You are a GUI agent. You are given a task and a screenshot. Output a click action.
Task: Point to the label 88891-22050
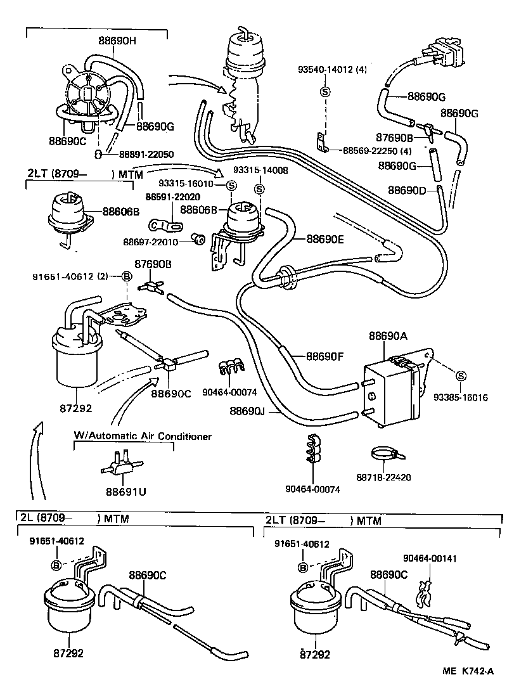(x=139, y=154)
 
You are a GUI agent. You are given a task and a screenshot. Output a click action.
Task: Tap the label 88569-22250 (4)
(x=377, y=151)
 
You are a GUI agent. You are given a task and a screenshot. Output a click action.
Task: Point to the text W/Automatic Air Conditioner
(x=143, y=436)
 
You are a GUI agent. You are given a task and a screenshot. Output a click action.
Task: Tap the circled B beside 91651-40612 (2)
(x=126, y=276)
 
